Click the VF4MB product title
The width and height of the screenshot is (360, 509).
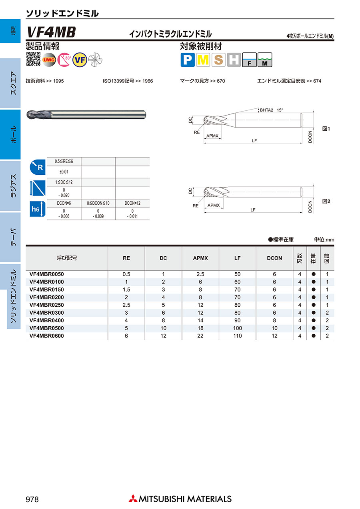coord(50,32)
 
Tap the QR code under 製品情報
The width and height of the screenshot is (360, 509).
coord(33,59)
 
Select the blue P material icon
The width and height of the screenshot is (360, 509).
coord(187,60)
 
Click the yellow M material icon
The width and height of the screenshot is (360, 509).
coord(203,60)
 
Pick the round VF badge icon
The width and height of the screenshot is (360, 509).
coord(80,60)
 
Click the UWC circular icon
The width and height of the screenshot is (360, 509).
coord(49,60)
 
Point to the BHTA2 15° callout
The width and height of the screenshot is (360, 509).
coord(271,110)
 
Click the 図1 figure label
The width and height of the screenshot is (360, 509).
coord(326,129)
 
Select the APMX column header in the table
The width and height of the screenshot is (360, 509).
coord(200,258)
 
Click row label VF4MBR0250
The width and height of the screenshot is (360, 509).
coord(47,305)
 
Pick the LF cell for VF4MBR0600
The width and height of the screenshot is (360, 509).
coord(238,336)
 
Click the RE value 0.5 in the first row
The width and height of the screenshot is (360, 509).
coord(126,274)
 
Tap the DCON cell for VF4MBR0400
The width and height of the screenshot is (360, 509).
coord(274,321)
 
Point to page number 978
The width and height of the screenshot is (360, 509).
coord(32,499)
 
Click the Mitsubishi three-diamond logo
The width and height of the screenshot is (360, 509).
coord(132,499)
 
